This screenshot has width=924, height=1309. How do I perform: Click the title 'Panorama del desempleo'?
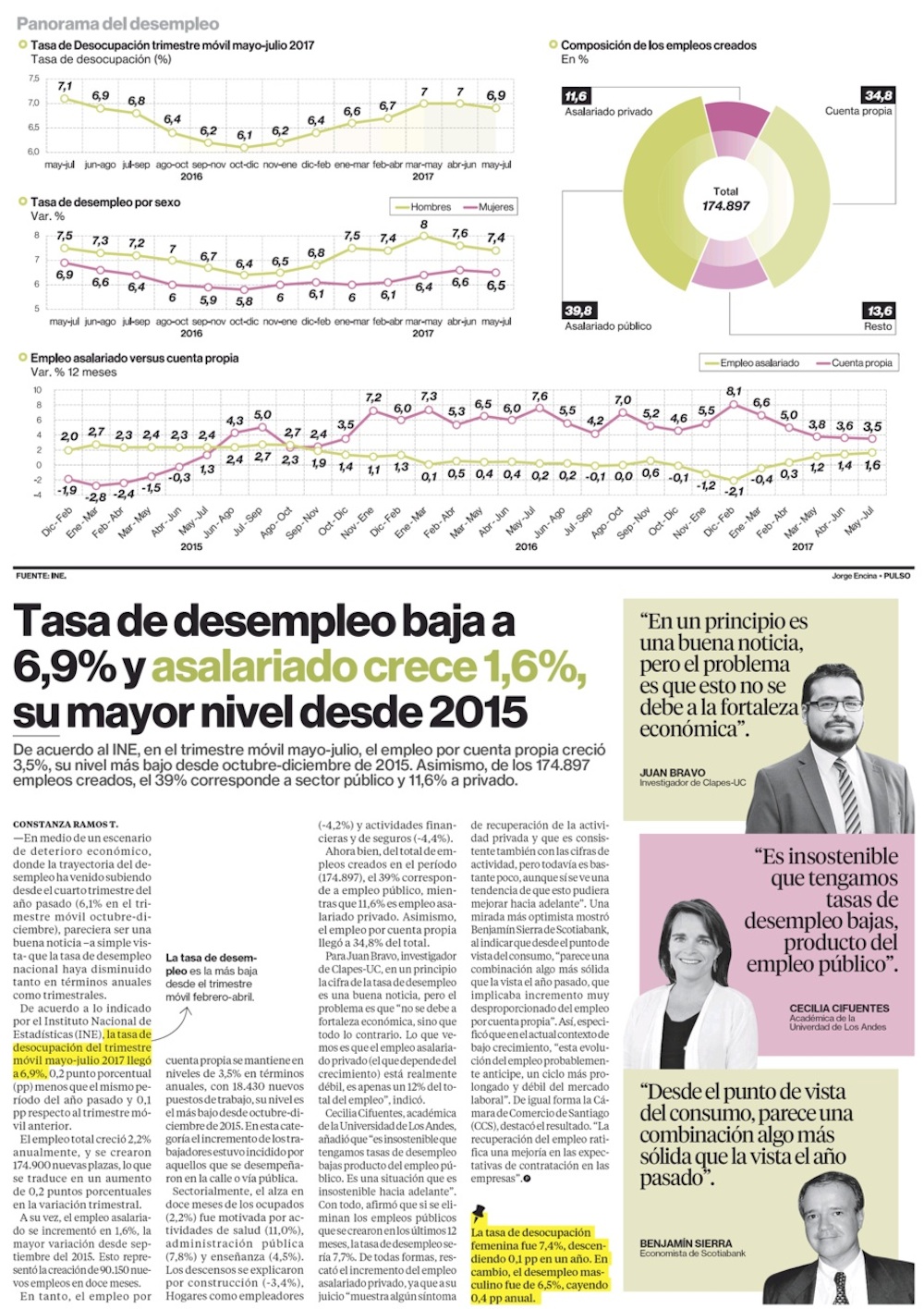pos(117,23)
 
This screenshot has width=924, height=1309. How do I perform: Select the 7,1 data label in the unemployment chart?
pos(65,86)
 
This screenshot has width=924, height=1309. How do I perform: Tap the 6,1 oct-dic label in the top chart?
pos(244,135)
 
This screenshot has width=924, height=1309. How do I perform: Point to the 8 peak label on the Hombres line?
pos(424,225)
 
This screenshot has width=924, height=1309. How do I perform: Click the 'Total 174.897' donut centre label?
pos(725,199)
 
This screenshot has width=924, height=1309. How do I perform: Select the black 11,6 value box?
pos(576,96)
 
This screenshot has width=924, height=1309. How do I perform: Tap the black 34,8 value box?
pos(878,95)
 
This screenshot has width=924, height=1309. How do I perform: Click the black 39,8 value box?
pos(578,311)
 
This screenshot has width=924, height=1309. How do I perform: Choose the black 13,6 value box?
pos(879,311)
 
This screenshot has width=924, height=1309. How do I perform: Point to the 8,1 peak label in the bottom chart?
pos(734,392)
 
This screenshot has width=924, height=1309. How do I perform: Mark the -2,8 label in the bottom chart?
pos(96,496)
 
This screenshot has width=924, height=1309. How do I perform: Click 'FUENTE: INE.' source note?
pos(41,576)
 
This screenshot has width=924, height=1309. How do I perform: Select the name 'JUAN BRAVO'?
pos(672,773)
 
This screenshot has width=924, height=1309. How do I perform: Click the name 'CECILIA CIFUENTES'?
pos(839,1009)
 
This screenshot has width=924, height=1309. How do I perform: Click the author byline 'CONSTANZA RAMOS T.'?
pos(66,824)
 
